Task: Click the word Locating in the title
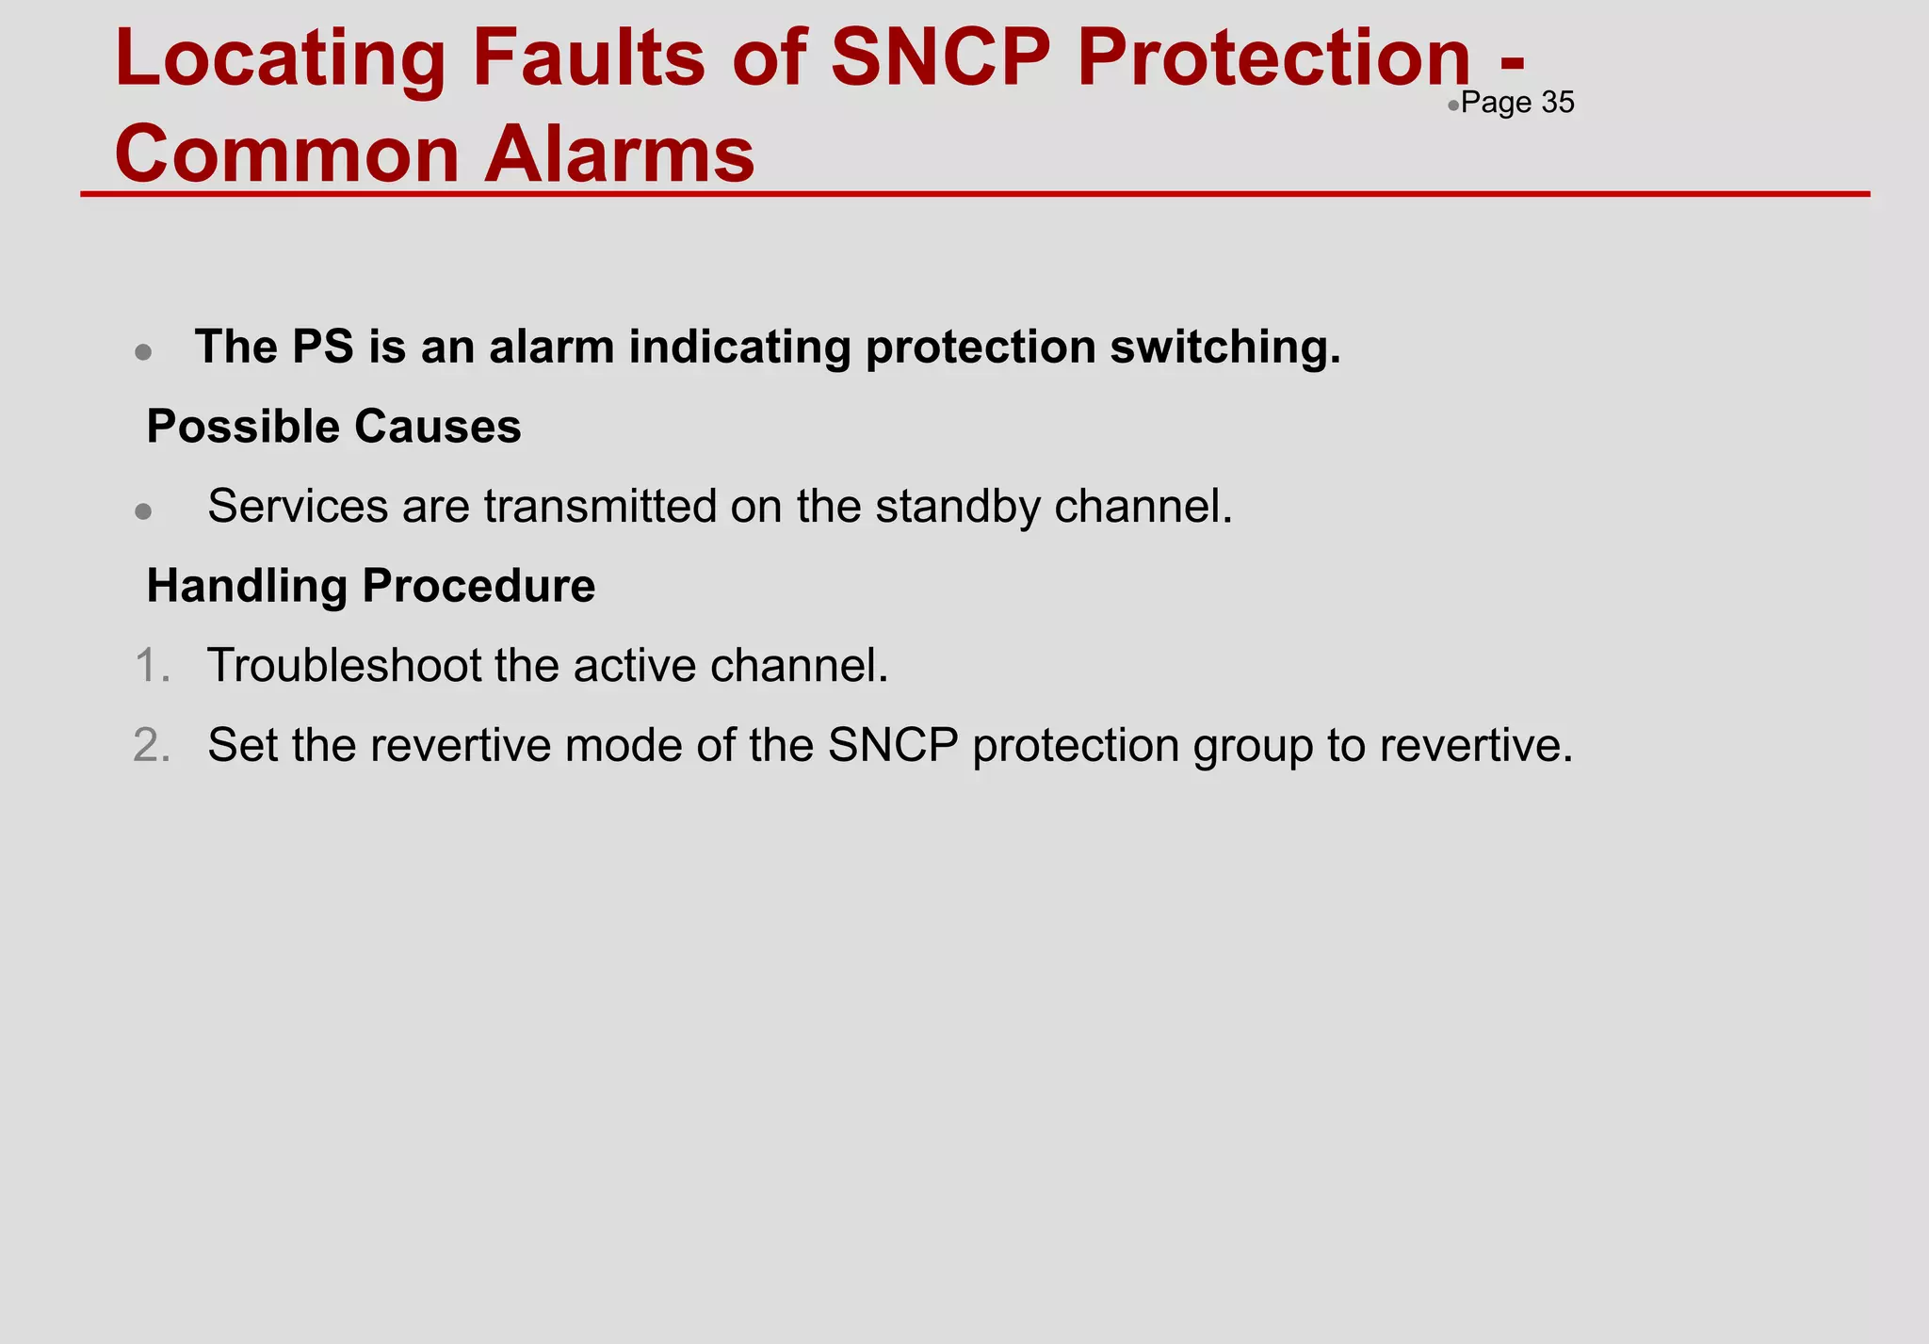point(280,58)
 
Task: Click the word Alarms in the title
point(619,154)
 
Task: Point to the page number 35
point(1558,103)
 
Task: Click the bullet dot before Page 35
point(1453,105)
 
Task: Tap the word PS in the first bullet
point(323,347)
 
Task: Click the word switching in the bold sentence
point(1224,347)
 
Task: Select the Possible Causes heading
point(333,427)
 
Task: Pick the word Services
point(298,507)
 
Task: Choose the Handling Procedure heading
point(370,586)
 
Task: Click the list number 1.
point(151,666)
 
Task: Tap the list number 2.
point(151,745)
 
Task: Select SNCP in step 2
point(893,745)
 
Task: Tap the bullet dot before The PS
point(143,352)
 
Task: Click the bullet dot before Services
point(143,511)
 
